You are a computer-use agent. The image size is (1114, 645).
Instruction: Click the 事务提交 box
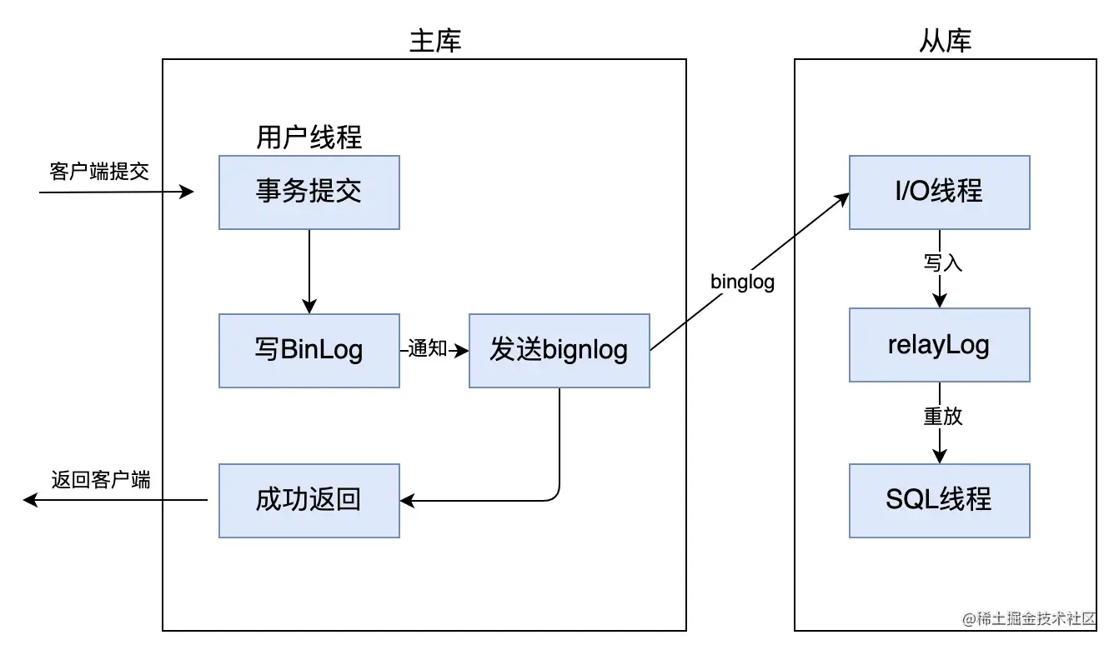(309, 192)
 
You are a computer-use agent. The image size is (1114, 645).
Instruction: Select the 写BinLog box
(309, 350)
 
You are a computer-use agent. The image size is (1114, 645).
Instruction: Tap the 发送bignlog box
(559, 350)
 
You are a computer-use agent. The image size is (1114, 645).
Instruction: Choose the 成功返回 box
(309, 500)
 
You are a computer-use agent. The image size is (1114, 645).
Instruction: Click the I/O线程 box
(940, 192)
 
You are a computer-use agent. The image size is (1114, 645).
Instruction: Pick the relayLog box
(940, 345)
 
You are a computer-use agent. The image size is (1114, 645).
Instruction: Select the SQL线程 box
(940, 500)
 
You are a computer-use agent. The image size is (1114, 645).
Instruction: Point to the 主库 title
(435, 41)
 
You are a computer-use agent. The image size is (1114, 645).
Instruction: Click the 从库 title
(945, 41)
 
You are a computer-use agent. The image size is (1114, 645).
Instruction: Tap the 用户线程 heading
(309, 137)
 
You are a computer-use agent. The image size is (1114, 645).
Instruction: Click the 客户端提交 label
(99, 172)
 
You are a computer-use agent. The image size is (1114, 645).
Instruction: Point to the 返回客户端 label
(101, 480)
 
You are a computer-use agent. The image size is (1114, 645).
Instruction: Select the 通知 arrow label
(427, 348)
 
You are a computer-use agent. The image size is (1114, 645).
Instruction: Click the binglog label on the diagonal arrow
(742, 282)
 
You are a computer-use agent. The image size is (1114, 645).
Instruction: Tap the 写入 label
(942, 262)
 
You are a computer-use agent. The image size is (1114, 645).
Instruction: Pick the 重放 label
(942, 416)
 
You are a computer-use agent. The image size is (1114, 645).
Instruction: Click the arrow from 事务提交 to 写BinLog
(309, 272)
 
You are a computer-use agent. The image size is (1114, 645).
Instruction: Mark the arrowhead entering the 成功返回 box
(407, 500)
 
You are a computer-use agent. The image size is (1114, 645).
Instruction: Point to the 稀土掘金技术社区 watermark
(1029, 618)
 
